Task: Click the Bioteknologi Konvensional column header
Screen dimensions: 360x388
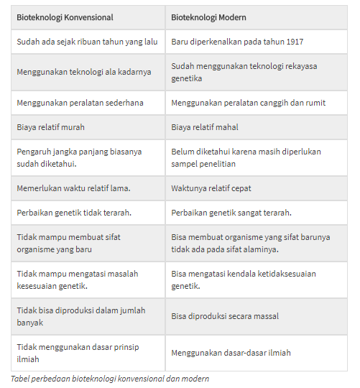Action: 65,17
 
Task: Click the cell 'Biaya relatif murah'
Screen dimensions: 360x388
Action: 50,127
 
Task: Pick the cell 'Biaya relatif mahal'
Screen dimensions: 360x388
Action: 205,127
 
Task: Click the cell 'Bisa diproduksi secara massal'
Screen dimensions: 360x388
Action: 225,316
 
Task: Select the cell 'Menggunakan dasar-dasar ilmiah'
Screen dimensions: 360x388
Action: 231,353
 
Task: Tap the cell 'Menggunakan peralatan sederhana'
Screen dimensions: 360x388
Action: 80,103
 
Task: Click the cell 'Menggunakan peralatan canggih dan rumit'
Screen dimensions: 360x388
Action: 248,103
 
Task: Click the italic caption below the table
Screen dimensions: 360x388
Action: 110,379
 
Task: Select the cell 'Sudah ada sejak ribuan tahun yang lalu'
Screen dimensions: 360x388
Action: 87,42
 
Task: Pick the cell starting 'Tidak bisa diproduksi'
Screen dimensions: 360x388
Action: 80,316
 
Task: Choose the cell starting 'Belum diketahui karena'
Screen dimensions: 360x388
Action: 246,157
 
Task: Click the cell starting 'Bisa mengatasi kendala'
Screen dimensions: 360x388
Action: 244,280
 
